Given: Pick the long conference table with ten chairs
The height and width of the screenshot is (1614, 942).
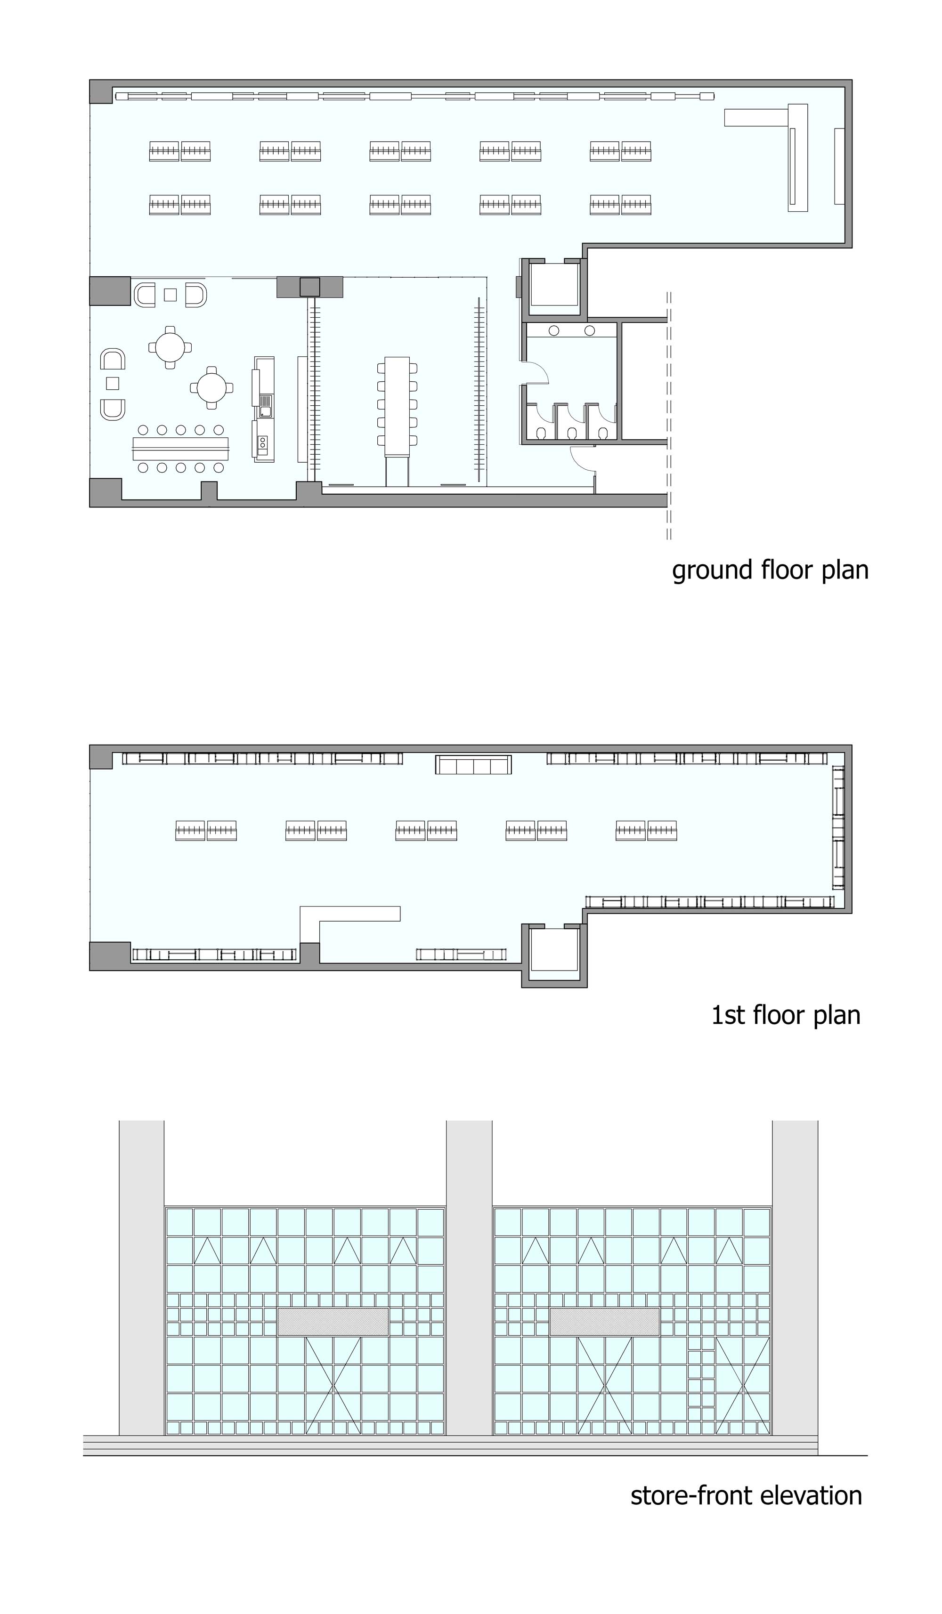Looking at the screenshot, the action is [398, 406].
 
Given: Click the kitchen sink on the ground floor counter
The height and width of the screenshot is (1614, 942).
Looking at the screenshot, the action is [265, 403].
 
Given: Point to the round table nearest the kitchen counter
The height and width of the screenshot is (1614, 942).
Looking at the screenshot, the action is [211, 387].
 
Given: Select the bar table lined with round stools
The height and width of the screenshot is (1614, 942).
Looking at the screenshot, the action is [181, 448].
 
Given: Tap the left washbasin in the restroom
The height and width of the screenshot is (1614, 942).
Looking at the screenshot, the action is [554, 330].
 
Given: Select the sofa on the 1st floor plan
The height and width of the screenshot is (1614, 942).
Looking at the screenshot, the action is [473, 764].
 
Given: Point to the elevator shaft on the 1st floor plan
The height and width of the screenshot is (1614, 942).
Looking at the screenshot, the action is [554, 955].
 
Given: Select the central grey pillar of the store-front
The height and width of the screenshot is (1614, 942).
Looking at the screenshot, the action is [469, 1277].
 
